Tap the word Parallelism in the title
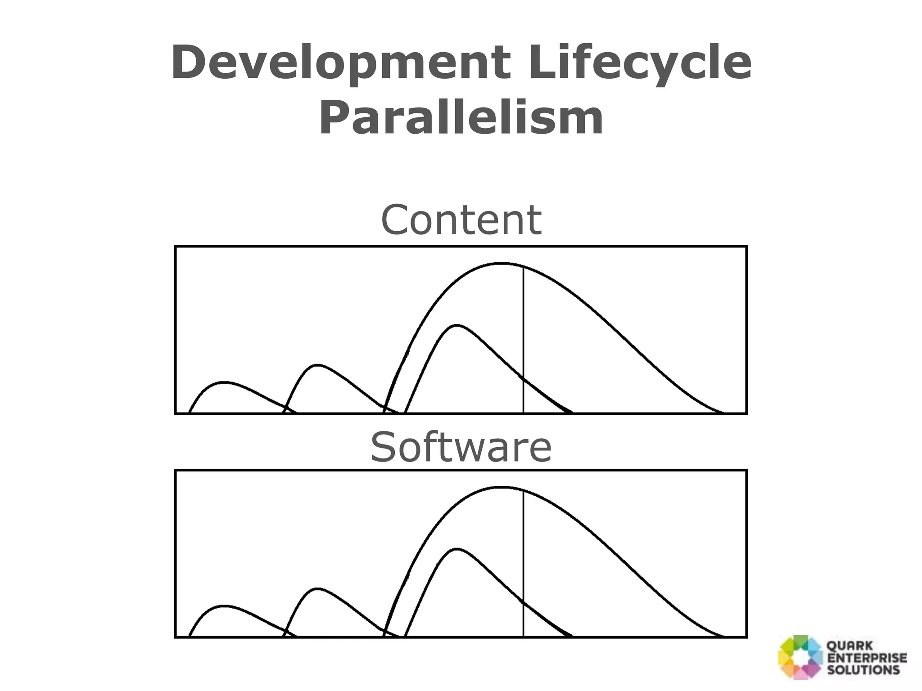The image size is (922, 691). (x=461, y=118)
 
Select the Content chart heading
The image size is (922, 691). (x=461, y=220)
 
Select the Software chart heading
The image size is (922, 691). (x=461, y=447)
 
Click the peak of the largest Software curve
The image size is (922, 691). (x=502, y=487)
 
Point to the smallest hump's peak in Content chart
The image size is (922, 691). (x=224, y=382)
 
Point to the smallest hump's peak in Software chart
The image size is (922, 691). (x=224, y=606)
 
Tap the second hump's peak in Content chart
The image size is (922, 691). (x=318, y=365)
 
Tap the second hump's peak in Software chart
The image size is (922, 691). (x=318, y=588)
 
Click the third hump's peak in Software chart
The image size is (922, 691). (x=456, y=549)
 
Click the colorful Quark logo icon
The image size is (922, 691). (x=800, y=657)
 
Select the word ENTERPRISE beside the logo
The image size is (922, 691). (x=867, y=658)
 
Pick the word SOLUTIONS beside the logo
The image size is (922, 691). (x=863, y=669)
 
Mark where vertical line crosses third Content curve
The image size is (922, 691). (x=523, y=378)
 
